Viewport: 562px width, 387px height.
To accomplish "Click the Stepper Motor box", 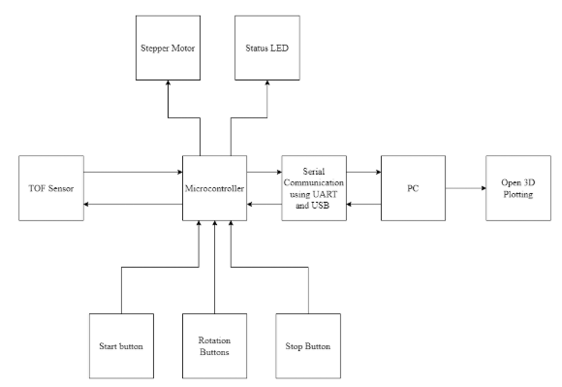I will [x=168, y=45].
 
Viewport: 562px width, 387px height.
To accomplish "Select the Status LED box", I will [x=262, y=45].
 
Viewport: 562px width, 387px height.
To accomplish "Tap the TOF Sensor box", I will [x=50, y=186].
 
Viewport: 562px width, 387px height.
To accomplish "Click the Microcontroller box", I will [x=214, y=186].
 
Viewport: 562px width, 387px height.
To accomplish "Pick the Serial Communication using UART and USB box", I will [x=313, y=186].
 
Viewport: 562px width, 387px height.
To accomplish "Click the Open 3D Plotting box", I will [x=517, y=186].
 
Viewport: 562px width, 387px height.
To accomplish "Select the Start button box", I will [x=120, y=344].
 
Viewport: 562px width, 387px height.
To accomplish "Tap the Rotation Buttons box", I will [x=214, y=344].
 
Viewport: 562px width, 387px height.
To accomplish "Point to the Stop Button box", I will [x=308, y=344].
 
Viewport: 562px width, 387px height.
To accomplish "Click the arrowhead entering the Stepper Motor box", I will [x=168, y=85].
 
